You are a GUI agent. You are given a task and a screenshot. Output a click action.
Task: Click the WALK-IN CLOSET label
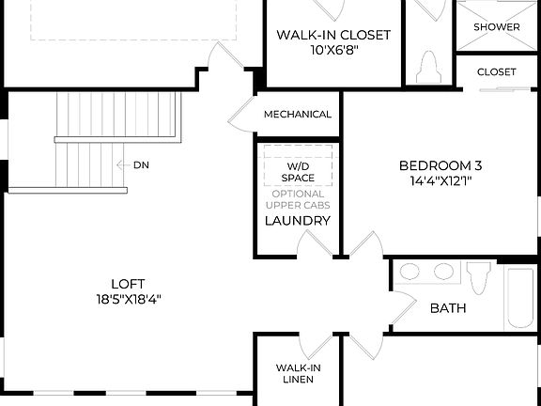click(x=332, y=35)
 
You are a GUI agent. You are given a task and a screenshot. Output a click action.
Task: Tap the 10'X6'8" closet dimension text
click(x=332, y=51)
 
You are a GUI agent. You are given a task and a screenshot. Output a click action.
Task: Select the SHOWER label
click(x=496, y=27)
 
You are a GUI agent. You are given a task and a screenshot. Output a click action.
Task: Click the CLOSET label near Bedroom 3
click(x=496, y=71)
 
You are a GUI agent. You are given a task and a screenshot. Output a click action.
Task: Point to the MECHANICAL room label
click(x=297, y=115)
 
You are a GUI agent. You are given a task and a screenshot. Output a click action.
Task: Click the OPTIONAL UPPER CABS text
click(x=297, y=199)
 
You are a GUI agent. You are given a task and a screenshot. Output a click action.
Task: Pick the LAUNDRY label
click(x=297, y=221)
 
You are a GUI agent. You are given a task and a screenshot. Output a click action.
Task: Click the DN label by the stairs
click(x=141, y=164)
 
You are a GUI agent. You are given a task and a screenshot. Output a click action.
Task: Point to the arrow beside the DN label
click(x=121, y=164)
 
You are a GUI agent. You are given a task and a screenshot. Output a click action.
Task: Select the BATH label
click(x=448, y=308)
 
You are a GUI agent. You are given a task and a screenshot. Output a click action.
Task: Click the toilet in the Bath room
click(x=479, y=276)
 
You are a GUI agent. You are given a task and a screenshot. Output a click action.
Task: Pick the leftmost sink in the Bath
click(x=410, y=273)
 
